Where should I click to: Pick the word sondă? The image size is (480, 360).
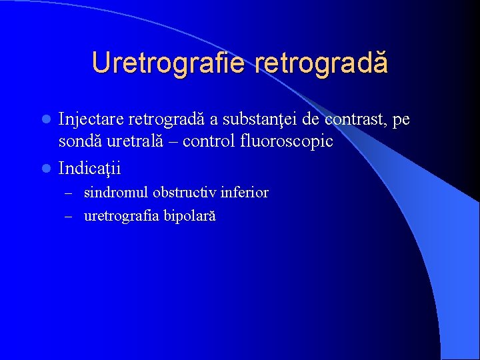pos(79,142)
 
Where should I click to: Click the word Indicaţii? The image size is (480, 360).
pos(89,168)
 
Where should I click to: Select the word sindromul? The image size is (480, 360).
pos(115,193)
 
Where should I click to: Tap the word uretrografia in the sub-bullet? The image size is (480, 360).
pos(121,217)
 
